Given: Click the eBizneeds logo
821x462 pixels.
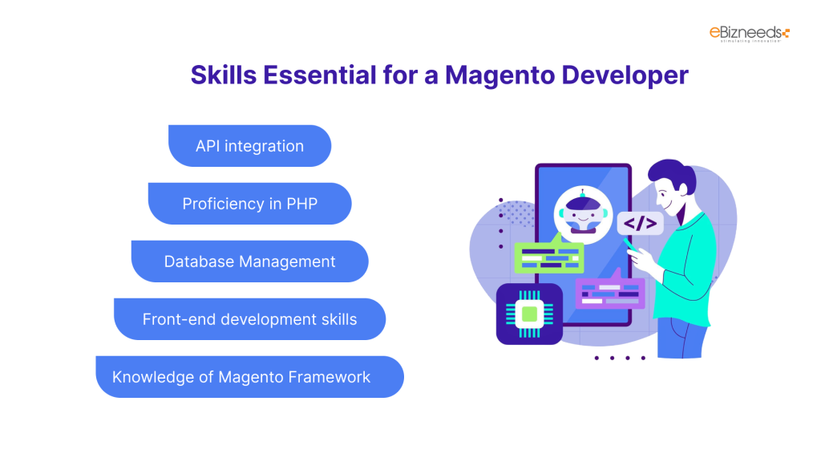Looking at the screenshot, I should pos(749,34).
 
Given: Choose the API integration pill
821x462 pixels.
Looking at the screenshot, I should pos(249,146).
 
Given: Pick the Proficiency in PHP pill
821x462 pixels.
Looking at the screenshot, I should pos(249,204).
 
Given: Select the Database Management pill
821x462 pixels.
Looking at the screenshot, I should pos(249,261).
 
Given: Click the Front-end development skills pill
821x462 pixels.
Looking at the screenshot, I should pos(249,319).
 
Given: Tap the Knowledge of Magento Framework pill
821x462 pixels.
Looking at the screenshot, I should pos(249,377).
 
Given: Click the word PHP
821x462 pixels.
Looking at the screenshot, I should pos(301,204).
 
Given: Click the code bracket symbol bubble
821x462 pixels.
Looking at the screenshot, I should pos(641,224).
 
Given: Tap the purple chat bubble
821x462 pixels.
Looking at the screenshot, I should pos(610,292).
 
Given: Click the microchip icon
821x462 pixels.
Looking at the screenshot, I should pos(528,314).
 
